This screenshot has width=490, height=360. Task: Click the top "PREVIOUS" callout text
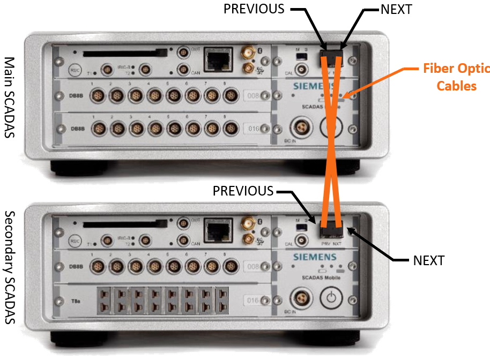[254, 9]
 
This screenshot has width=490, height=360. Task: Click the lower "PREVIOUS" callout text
[243, 191]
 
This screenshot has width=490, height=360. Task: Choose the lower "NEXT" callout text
[429, 261]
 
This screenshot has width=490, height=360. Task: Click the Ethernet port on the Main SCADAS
[218, 57]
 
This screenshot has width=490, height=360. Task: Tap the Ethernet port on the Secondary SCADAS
[218, 231]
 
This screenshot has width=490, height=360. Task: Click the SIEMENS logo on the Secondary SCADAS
[315, 257]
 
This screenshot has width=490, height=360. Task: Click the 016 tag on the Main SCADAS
[255, 129]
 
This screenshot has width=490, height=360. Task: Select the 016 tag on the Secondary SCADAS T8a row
[255, 301]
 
